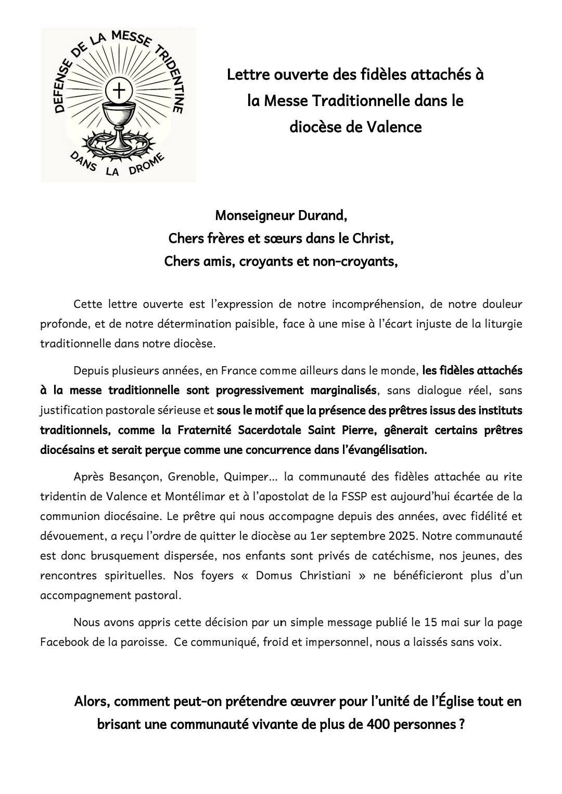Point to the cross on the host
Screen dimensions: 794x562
pos(119,92)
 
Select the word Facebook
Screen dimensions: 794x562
pos(65,642)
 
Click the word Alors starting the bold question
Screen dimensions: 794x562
pos(91,701)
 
